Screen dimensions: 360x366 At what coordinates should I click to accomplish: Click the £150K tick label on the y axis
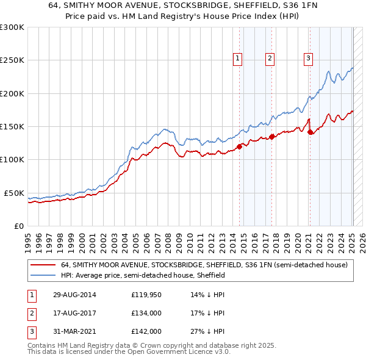click(x=12, y=127)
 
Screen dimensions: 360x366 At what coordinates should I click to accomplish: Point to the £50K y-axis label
click(x=13, y=193)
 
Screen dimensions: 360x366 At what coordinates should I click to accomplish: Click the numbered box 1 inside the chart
click(x=237, y=59)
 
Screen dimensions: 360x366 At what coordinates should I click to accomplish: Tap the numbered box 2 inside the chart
click(x=270, y=59)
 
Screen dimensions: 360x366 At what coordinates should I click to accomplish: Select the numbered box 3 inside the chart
click(x=309, y=59)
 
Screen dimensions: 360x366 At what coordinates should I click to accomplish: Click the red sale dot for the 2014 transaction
click(x=240, y=146)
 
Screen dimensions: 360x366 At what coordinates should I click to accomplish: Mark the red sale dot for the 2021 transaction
click(x=310, y=131)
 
